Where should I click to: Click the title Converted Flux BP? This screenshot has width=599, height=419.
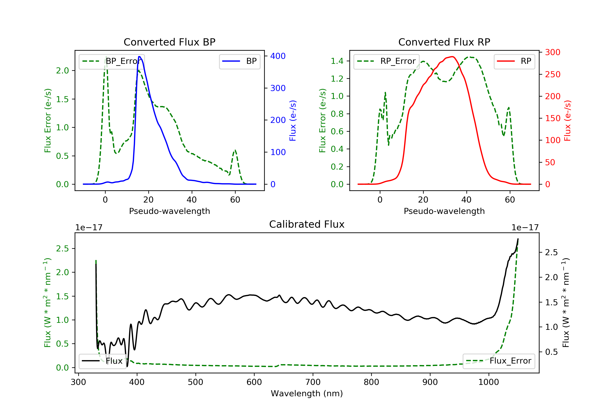169,42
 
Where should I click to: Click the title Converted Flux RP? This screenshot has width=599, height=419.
444,42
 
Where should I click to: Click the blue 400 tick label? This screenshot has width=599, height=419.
278,56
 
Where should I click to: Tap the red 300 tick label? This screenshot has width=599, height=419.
552,52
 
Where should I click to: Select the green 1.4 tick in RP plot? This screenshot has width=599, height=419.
337,61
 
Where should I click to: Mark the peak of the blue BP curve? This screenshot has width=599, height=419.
140,57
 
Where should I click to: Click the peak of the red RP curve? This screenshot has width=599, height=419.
452,57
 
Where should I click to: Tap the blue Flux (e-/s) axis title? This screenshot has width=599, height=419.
293,121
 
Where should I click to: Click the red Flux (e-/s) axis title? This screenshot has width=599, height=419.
567,121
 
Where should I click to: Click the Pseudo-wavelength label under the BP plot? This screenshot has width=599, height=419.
169,211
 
